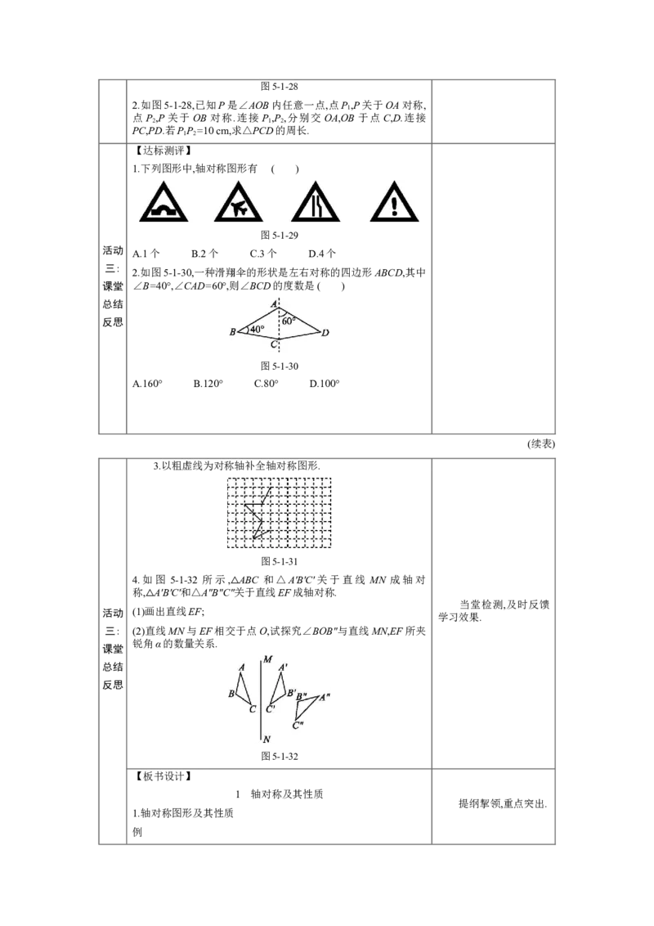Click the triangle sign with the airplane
coord(239,203)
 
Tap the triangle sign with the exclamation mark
coord(395,203)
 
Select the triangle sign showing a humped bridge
coord(163,203)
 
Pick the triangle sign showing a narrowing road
coord(316,203)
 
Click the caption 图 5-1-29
coord(280,235)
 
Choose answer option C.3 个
coord(263,254)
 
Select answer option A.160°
coord(148,384)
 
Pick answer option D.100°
coord(325,384)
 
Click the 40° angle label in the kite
coord(257,330)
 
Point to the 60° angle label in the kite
coord(289,321)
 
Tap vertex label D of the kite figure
coord(325,333)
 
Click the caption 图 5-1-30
coord(280,366)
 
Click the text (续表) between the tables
coord(540,444)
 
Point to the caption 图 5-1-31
coord(280,562)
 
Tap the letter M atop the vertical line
coord(268,659)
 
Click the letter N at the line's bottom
coord(267,739)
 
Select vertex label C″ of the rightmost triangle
coord(298,725)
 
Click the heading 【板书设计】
coord(163,776)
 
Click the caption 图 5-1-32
coord(280,757)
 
